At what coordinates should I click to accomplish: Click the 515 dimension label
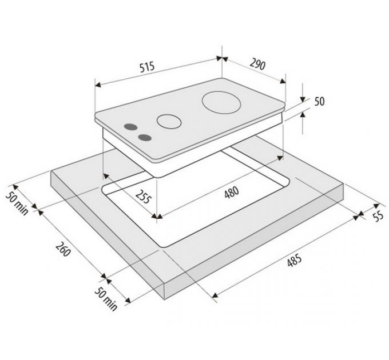[147, 67]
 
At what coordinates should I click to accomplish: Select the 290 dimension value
[257, 64]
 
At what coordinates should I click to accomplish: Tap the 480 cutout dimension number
[232, 192]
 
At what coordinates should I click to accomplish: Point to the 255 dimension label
[143, 197]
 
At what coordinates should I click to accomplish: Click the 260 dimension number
[63, 249]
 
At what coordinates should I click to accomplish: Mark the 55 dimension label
[379, 217]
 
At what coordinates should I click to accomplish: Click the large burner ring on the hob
[221, 103]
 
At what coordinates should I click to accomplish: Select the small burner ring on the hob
[169, 121]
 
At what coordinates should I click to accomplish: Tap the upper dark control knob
[131, 127]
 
